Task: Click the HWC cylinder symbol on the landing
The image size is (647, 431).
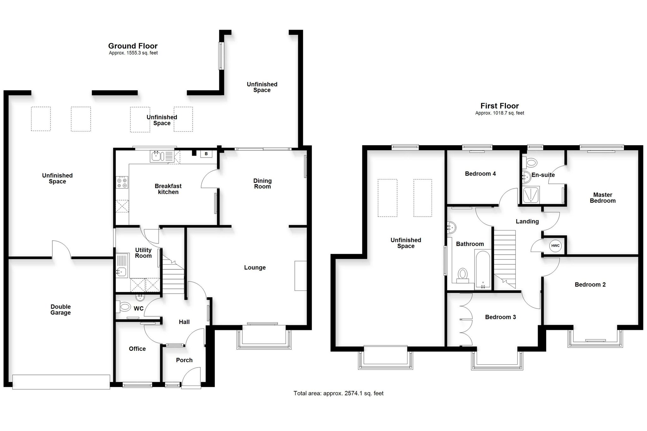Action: [555, 246]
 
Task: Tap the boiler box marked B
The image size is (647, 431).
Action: [206, 154]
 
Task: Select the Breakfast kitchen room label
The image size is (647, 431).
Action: [168, 189]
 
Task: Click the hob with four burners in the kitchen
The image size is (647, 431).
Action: [122, 182]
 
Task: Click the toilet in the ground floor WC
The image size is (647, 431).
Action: [124, 306]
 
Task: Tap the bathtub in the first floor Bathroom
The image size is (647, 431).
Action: [483, 270]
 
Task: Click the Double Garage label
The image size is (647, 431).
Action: [61, 309]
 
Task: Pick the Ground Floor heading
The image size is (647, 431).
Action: [133, 46]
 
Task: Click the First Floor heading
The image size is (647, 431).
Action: [499, 106]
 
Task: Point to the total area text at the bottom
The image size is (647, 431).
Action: [338, 393]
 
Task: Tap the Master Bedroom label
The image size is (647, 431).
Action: [602, 198]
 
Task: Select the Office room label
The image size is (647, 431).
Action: [137, 349]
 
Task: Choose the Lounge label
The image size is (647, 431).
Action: [255, 267]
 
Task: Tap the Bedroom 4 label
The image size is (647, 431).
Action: [480, 173]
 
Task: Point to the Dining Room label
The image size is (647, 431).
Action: [262, 183]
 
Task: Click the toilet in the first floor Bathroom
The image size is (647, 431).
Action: [463, 275]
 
